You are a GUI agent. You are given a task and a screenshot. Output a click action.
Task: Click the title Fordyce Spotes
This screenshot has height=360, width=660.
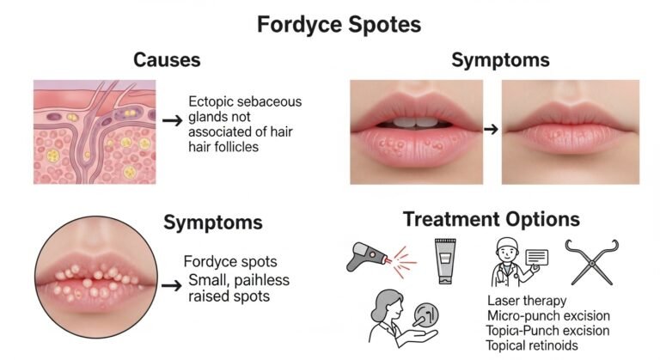click(x=339, y=25)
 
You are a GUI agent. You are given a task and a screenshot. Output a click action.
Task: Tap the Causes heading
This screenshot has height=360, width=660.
click(x=167, y=60)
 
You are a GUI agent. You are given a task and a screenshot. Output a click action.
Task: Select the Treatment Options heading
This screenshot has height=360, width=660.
click(x=492, y=219)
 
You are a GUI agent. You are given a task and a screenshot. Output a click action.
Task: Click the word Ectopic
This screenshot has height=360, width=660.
click(x=210, y=102)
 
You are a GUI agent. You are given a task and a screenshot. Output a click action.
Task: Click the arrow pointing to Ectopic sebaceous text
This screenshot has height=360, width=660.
click(x=172, y=121)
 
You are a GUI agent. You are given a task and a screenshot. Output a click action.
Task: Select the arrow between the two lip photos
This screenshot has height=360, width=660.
click(x=491, y=129)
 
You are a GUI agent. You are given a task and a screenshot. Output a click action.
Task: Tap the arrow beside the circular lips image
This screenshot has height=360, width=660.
click(x=172, y=286)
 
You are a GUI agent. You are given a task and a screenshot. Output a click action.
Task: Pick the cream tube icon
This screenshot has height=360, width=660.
click(x=445, y=261)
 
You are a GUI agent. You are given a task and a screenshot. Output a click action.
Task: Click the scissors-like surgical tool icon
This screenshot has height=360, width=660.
click(x=592, y=262)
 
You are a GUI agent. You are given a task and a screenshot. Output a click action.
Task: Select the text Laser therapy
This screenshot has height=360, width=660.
click(x=527, y=301)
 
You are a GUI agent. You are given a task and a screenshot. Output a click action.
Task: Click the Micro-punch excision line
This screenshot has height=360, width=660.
click(x=548, y=315)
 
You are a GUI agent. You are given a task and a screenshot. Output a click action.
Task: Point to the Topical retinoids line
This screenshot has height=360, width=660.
click(x=532, y=345)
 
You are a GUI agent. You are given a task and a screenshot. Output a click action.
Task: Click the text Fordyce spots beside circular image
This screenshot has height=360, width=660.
click(x=230, y=262)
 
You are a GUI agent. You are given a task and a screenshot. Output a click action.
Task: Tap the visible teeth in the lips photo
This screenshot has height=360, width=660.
click(x=416, y=123)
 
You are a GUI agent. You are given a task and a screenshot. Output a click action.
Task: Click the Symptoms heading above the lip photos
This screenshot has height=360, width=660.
click(x=500, y=60)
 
